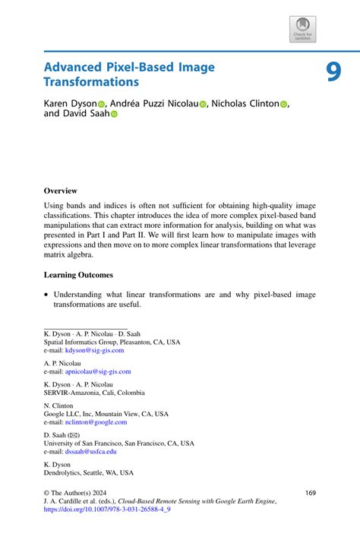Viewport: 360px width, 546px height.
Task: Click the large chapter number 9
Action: point(335,71)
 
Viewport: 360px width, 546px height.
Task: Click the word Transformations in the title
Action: point(91,81)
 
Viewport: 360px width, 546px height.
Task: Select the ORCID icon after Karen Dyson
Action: point(101,103)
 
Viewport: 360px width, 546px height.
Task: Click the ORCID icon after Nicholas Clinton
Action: point(284,103)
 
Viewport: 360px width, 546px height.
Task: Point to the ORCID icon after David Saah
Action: point(115,115)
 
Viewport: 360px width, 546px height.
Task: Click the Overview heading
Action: point(60,191)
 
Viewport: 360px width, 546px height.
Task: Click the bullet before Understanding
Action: point(46,295)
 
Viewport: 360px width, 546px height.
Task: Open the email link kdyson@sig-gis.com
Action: point(94,350)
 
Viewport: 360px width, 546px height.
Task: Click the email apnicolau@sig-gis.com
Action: point(98,371)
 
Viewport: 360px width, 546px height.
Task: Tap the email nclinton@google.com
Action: point(96,422)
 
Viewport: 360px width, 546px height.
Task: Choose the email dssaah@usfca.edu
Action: point(90,451)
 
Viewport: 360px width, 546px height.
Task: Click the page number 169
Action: point(310,493)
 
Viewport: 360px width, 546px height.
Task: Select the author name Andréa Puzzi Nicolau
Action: point(154,103)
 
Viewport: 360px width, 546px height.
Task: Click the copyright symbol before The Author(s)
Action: point(47,493)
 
